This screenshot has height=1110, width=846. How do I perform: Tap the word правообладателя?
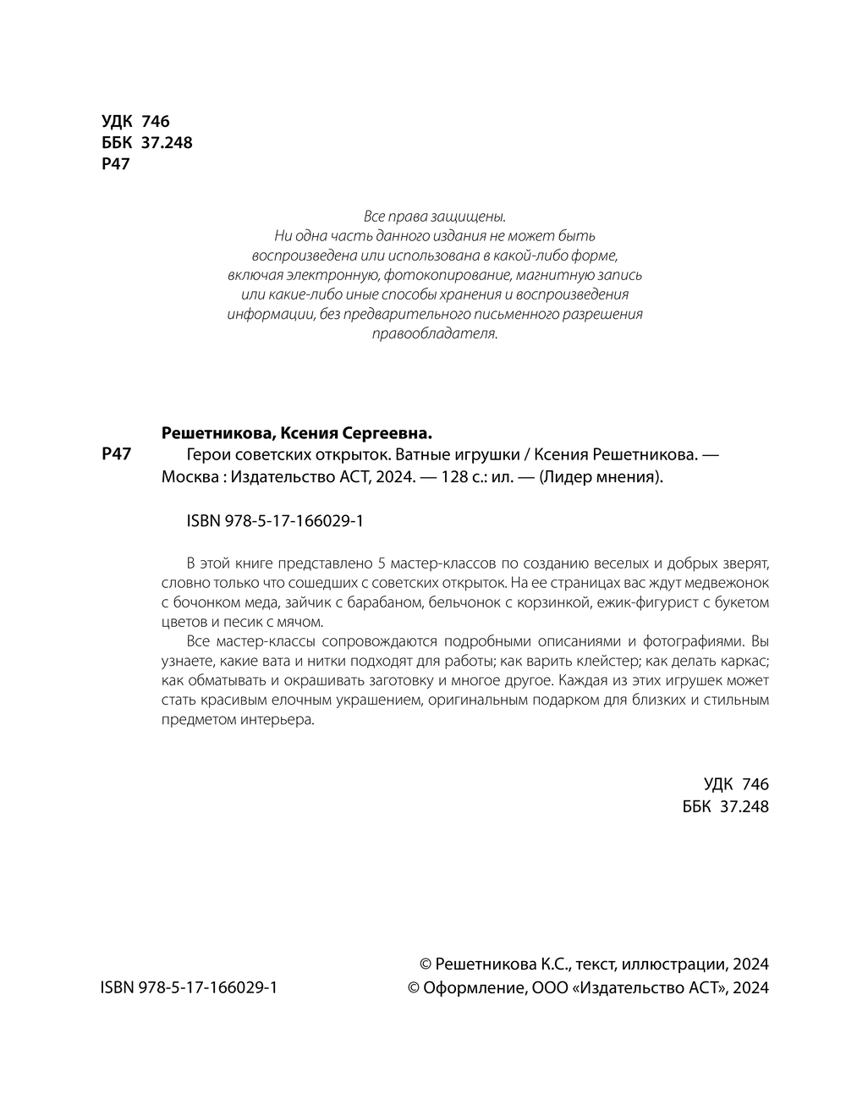click(436, 334)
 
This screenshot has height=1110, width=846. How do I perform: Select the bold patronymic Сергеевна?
click(387, 433)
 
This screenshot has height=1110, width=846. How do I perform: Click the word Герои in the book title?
click(205, 454)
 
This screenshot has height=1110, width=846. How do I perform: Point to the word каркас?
click(745, 662)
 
